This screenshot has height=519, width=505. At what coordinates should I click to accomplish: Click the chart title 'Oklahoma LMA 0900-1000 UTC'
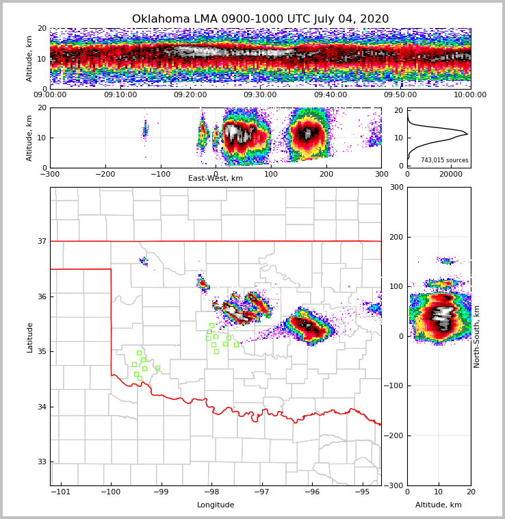click(260, 19)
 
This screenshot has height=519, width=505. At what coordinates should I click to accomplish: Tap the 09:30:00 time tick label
click(260, 95)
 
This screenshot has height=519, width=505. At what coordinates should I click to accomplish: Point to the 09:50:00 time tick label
click(400, 95)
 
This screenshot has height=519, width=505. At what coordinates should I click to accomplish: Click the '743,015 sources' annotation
click(444, 160)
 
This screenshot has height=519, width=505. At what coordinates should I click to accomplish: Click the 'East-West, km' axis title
click(216, 179)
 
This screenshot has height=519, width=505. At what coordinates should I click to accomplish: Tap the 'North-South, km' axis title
click(477, 336)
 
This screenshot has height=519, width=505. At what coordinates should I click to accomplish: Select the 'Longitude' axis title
click(216, 505)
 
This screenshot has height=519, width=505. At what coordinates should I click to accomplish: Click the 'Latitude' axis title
click(29, 337)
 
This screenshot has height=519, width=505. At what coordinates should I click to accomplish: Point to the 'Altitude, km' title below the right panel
click(439, 505)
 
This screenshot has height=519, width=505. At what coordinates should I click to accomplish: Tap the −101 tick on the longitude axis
click(61, 492)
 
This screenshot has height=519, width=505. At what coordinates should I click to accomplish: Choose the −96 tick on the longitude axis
click(311, 492)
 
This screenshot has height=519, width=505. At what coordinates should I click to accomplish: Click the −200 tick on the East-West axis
click(105, 174)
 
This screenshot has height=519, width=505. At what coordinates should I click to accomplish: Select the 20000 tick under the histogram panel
click(451, 174)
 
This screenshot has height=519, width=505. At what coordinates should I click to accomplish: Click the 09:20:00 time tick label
click(190, 95)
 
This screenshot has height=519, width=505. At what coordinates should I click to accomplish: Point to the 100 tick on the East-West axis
click(271, 174)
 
